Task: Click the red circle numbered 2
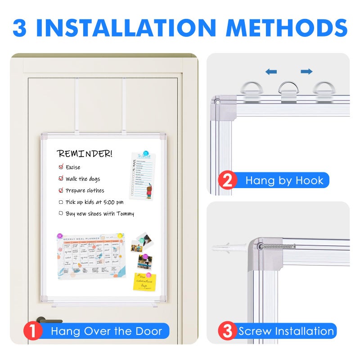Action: (228, 181)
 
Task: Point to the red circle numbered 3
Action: (228, 332)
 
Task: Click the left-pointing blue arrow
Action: (271, 72)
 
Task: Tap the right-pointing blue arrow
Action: (306, 72)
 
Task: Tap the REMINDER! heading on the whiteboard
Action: (84, 154)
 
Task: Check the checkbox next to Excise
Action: (61, 167)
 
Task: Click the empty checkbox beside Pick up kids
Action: (61, 202)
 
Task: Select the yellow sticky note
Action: (144, 282)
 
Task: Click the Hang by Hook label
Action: (284, 181)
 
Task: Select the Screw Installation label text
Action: (286, 332)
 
